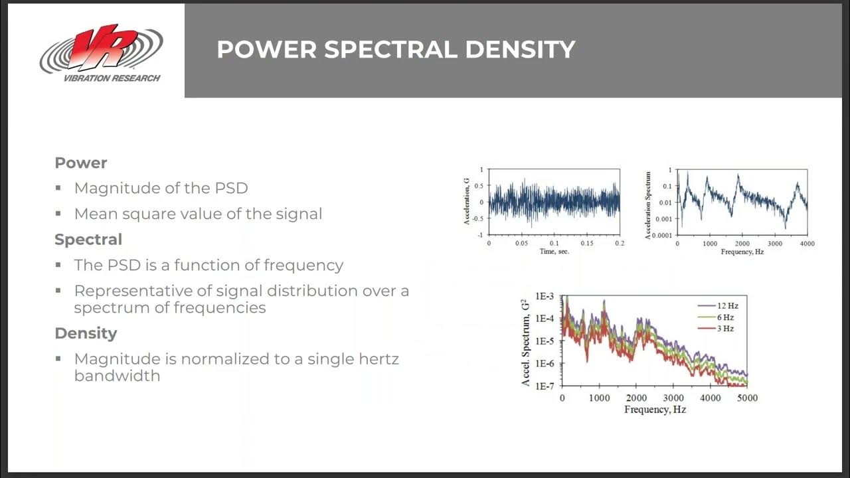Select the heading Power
[80, 163]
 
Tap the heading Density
[86, 333]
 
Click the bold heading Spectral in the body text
[88, 239]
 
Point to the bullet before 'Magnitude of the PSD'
[59, 189]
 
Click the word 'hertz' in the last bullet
[376, 359]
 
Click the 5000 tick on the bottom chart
[747, 398]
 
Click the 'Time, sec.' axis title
[554, 252]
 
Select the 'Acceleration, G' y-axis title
[467, 202]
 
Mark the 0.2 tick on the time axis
[619, 244]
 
